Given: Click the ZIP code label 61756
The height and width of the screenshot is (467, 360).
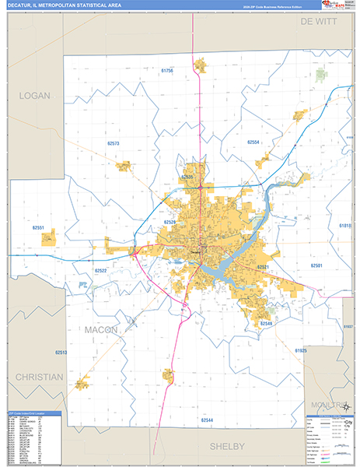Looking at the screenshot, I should pos(167,71).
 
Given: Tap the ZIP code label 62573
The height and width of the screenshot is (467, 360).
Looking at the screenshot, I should pos(114,144).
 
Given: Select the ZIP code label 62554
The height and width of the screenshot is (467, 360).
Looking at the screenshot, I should pos(253,142).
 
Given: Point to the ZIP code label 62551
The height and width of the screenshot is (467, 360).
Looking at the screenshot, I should pos(39,228).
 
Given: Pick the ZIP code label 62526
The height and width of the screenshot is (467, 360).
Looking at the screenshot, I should pos(170,222).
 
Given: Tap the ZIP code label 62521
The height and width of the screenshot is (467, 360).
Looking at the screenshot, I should pos(263,267).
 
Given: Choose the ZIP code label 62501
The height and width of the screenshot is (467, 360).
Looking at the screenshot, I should pos(316,265).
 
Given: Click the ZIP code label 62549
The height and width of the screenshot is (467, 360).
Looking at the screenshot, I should pos(267,322).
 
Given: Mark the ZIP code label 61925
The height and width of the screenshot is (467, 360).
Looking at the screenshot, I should pos(301,351).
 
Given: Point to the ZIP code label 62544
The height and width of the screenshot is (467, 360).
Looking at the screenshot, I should pos(207,420).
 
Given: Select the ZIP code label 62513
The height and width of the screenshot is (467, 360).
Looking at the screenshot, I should pos(61,353).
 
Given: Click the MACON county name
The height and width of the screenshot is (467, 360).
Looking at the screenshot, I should pos(102,330).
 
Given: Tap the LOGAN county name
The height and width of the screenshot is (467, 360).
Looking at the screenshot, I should pos(34,96).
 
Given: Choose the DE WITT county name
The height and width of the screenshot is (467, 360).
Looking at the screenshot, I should pos(320,23).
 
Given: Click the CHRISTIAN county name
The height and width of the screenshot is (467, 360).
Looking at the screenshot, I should pos(38,377).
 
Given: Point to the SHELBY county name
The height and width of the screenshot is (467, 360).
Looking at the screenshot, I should pos(227,446).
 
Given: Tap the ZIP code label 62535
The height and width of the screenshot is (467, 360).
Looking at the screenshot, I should pos(187,177).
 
